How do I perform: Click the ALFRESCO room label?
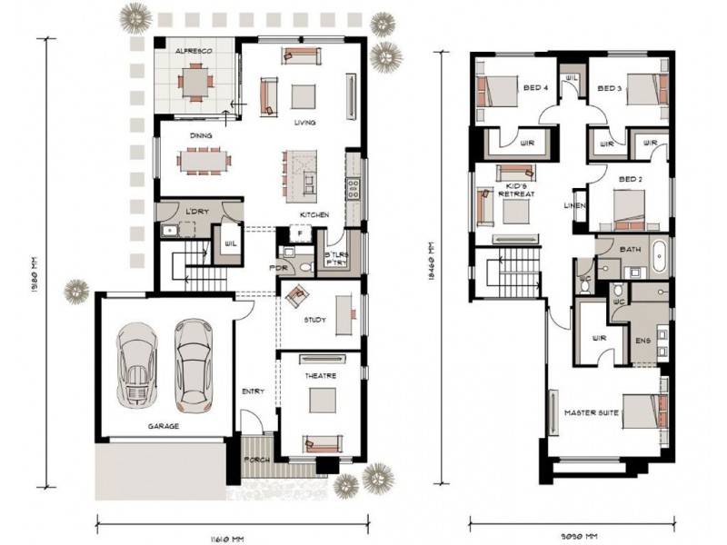tap(194, 53)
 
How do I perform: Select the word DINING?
tap(201, 136)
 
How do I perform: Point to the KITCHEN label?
tap(314, 214)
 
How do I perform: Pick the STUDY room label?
tap(314, 320)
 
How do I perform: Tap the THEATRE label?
tap(320, 375)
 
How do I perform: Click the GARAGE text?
tap(164, 425)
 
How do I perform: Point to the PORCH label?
tap(260, 460)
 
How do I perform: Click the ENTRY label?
tap(252, 391)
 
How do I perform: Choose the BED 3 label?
tap(608, 88)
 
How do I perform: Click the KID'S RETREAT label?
tap(518, 189)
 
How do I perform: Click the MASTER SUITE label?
tap(591, 413)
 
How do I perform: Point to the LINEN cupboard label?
tap(576, 205)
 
